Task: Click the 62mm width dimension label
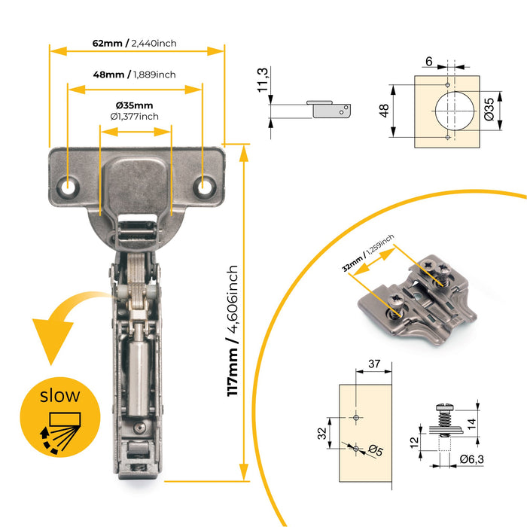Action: point(135,43)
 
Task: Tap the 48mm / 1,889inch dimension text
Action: point(135,74)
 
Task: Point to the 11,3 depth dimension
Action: point(263,80)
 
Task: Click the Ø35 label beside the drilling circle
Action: point(489,108)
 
